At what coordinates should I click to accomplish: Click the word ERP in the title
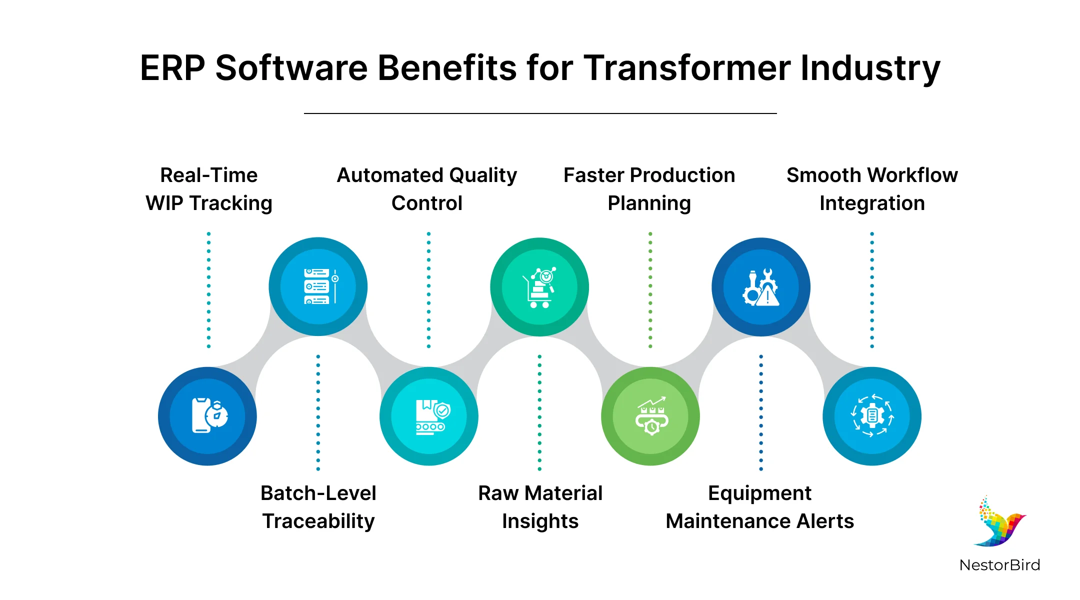pyautogui.click(x=172, y=68)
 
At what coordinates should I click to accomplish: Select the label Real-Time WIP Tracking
pyautogui.click(x=209, y=189)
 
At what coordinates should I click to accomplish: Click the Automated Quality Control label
pyautogui.click(x=427, y=189)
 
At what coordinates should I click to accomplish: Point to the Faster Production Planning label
pyautogui.click(x=649, y=189)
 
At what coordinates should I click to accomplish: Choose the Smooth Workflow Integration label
pyautogui.click(x=872, y=189)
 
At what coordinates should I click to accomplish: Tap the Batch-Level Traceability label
pyautogui.click(x=318, y=507)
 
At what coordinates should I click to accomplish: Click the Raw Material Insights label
pyautogui.click(x=540, y=507)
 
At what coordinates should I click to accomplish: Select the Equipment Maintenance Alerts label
pyautogui.click(x=760, y=507)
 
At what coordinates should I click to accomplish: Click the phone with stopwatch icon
pyautogui.click(x=208, y=416)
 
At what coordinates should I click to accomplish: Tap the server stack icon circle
pyautogui.click(x=318, y=286)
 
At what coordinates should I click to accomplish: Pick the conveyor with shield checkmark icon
pyautogui.click(x=429, y=416)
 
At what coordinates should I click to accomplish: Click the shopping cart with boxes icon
pyautogui.click(x=539, y=287)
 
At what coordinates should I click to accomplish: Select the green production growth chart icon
pyautogui.click(x=650, y=416)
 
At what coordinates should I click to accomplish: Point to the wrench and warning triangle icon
pyautogui.click(x=761, y=287)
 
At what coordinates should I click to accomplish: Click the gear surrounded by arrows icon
pyautogui.click(x=872, y=416)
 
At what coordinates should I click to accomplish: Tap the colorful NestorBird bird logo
pyautogui.click(x=999, y=522)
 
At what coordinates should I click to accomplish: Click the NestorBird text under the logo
pyautogui.click(x=999, y=565)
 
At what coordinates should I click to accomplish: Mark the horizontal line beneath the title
pyautogui.click(x=540, y=113)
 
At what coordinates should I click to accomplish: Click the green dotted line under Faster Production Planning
pyautogui.click(x=650, y=290)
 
